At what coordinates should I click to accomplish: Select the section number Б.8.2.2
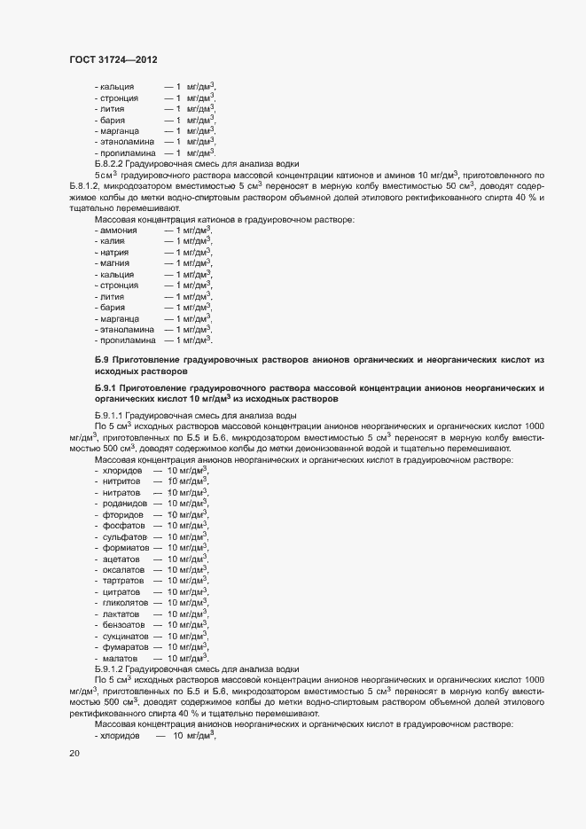[x=110, y=164]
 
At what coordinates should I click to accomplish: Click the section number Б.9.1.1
[x=110, y=415]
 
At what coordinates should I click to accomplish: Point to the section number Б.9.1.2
[x=110, y=669]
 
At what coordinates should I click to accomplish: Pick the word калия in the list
[x=115, y=240]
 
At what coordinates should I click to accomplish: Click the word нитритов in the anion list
[x=121, y=481]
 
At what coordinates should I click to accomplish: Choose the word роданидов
[x=123, y=503]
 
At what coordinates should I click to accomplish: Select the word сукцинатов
[x=124, y=636]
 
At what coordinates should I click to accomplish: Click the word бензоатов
[x=122, y=625]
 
